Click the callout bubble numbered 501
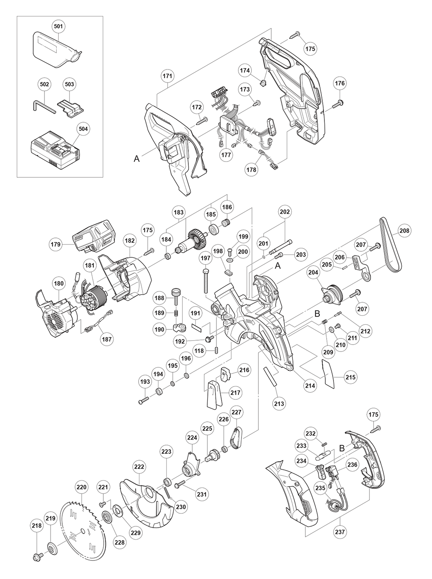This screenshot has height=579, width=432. point(58,27)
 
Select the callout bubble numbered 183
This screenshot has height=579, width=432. point(179,212)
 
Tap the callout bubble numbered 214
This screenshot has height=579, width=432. point(310,386)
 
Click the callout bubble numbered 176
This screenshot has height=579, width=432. point(340,83)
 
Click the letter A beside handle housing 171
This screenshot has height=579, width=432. point(137,159)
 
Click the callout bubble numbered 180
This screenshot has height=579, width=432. point(59,284)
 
